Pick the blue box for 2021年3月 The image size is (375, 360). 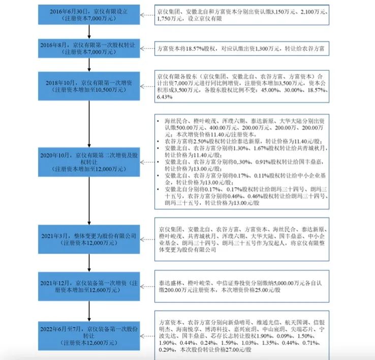(x=89, y=239)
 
